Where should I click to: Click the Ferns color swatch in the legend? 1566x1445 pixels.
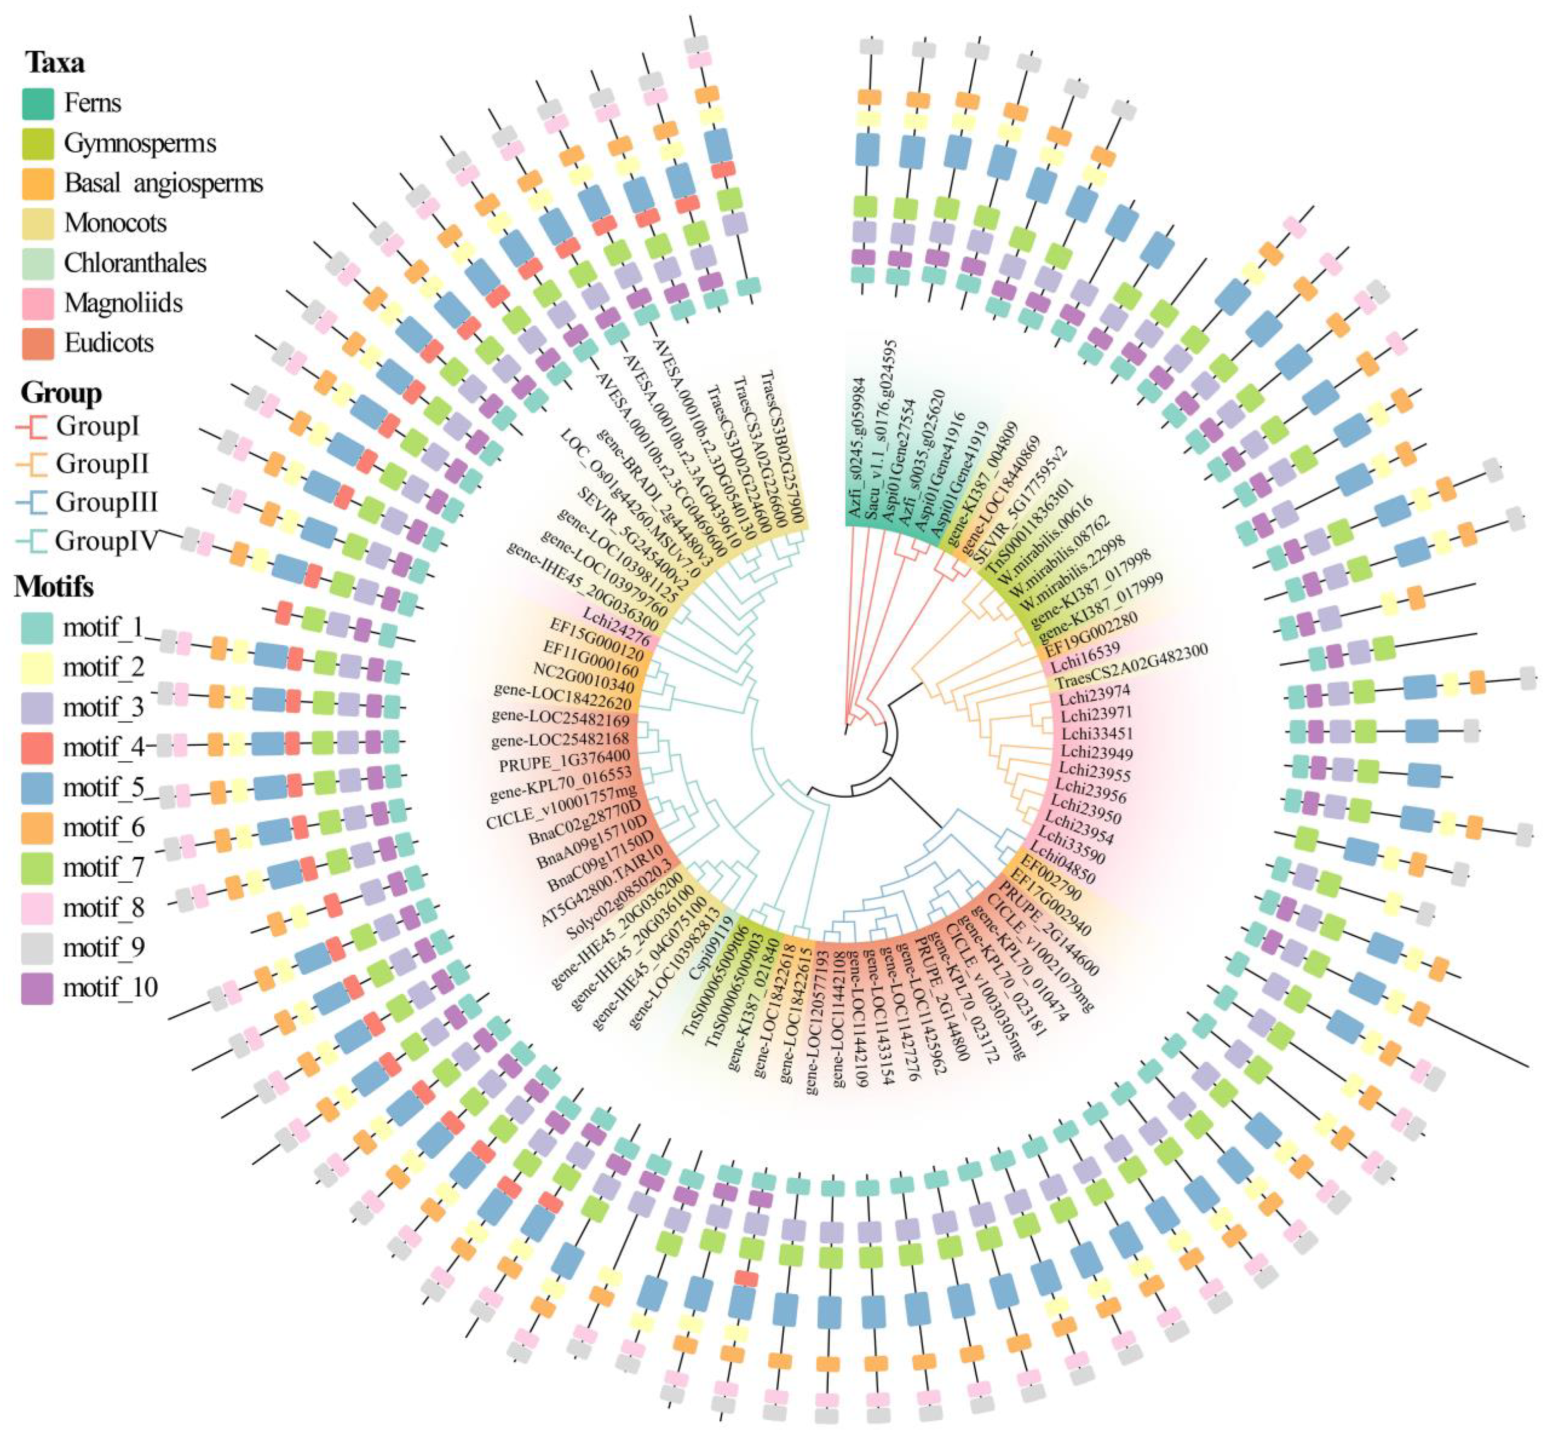[37, 103]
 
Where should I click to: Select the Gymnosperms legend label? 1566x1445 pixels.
[139, 143]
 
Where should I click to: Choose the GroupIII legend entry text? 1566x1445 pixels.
[106, 502]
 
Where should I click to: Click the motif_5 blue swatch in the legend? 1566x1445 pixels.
[37, 788]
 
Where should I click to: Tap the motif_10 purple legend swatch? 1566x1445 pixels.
[37, 988]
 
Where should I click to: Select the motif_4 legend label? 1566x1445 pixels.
[103, 748]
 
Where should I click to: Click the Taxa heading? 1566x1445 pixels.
[55, 63]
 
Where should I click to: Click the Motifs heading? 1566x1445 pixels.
[53, 586]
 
